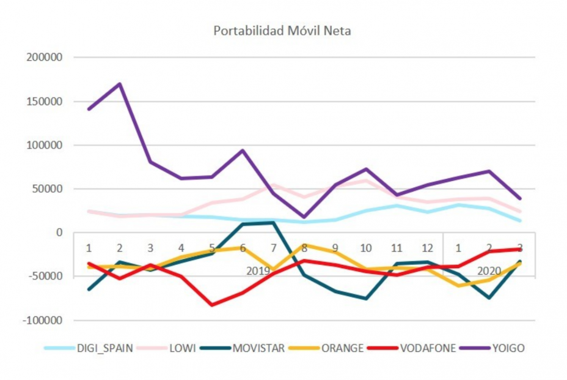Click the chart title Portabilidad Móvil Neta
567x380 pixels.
click(x=282, y=31)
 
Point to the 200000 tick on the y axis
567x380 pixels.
click(x=46, y=58)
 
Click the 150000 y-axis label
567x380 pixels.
click(x=46, y=102)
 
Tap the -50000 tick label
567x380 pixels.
click(x=46, y=276)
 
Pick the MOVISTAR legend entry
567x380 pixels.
click(x=257, y=348)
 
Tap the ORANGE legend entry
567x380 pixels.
click(x=344, y=348)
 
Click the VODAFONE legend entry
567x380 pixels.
click(x=427, y=348)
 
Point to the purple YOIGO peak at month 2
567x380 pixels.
click(x=120, y=84)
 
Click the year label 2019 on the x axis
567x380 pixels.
click(x=258, y=270)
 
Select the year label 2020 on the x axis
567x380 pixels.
click(x=489, y=270)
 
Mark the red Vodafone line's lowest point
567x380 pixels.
click(x=212, y=305)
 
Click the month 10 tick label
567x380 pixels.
click(x=366, y=248)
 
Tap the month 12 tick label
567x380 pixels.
click(x=427, y=248)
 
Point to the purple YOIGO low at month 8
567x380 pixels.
click(x=304, y=217)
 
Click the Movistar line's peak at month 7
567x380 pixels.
click(x=273, y=222)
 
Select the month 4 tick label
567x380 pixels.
click(x=181, y=248)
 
